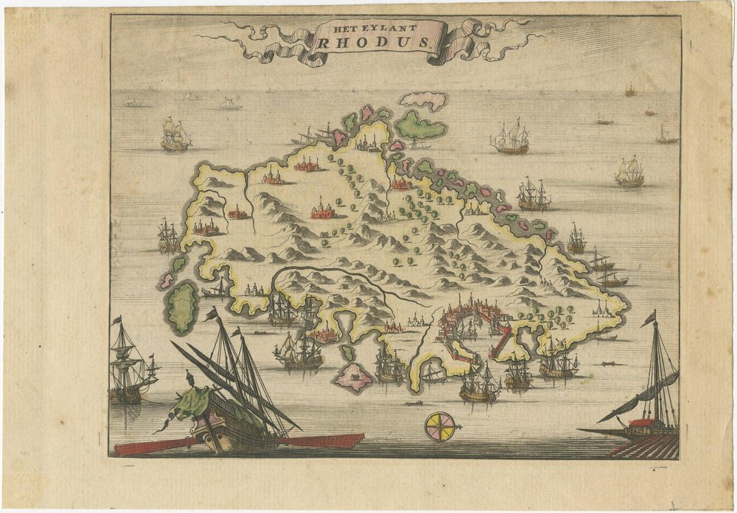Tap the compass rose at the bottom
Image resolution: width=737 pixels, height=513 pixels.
439,427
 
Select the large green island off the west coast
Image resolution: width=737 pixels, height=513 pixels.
182,307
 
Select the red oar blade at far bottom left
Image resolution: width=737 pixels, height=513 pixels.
147,446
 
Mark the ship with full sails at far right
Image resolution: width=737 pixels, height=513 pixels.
629,172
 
